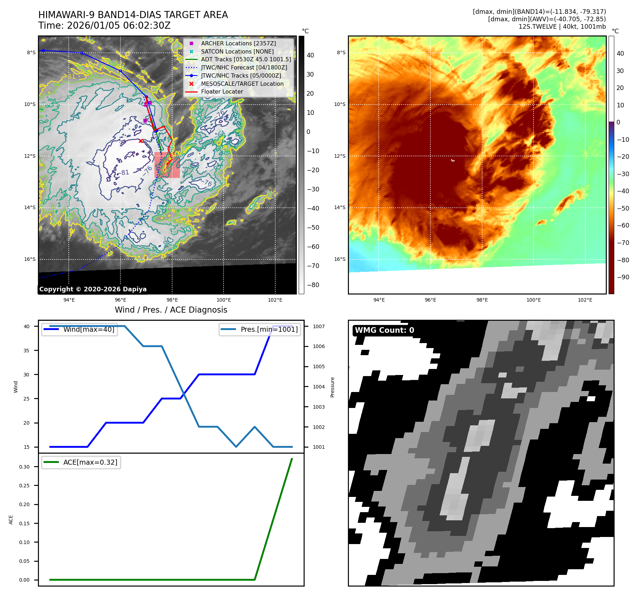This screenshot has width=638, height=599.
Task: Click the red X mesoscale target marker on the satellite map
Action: [x=141, y=141]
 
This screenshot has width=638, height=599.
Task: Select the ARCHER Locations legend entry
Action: [x=238, y=43]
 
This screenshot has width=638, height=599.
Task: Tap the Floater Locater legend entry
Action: [x=222, y=92]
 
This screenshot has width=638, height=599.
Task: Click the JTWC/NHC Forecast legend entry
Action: [x=244, y=67]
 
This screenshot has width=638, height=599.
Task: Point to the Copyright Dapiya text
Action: [x=93, y=289]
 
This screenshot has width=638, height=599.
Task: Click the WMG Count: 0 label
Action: [x=384, y=330]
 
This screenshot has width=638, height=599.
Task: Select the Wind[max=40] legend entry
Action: [x=89, y=329]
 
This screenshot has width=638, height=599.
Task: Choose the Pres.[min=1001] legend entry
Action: [x=269, y=329]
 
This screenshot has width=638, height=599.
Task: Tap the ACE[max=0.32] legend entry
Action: [x=90, y=462]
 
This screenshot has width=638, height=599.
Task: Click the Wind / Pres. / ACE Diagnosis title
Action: [x=171, y=310]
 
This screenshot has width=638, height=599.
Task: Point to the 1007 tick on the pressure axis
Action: [x=318, y=326]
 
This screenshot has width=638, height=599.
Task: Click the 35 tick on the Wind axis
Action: [x=27, y=351]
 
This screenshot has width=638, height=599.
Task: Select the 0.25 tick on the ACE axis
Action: [x=24, y=486]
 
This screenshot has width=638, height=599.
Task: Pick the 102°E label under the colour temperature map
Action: [x=585, y=300]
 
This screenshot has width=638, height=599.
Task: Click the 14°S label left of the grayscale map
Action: [x=30, y=208]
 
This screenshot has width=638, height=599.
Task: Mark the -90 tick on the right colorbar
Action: [x=623, y=277]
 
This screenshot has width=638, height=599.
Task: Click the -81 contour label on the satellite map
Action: [x=125, y=173]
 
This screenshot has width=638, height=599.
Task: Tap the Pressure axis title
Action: [x=332, y=387]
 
